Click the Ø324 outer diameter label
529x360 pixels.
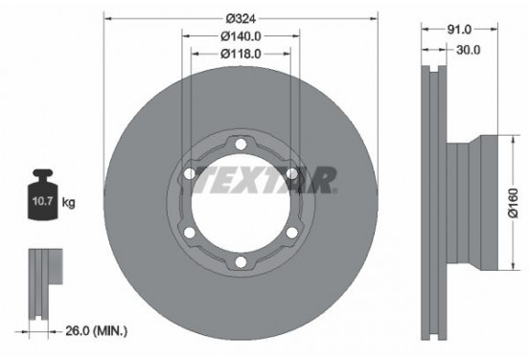[241, 18]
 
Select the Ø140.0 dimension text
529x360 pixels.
[241, 36]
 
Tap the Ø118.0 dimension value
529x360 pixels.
[241, 54]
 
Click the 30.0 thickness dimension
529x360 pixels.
[468, 48]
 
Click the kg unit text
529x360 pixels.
[69, 204]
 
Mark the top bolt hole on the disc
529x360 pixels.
[241, 145]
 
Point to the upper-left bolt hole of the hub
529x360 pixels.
[190, 174]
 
